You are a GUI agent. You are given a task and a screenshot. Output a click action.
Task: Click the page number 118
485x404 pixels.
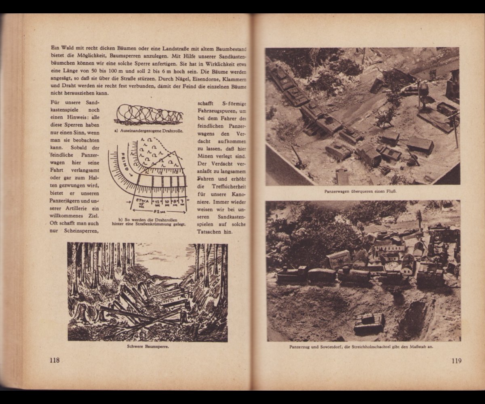coord(55,360)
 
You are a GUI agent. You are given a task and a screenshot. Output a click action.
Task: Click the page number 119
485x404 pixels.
coord(456,361)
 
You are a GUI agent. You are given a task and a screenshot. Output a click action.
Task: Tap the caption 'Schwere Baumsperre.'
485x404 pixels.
coord(147,347)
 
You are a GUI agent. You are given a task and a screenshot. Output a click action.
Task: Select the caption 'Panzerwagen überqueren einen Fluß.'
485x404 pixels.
coord(362,191)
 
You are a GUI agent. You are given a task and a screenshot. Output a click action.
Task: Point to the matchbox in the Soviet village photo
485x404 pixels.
coord(338,259)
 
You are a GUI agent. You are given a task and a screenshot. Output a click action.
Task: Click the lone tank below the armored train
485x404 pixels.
coord(369,323)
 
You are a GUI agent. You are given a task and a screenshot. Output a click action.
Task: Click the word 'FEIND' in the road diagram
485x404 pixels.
coord(122,162)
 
